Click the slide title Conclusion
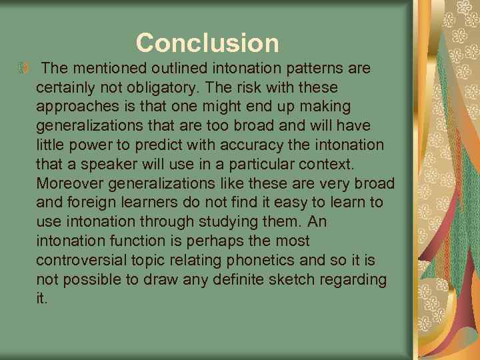(207, 43)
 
